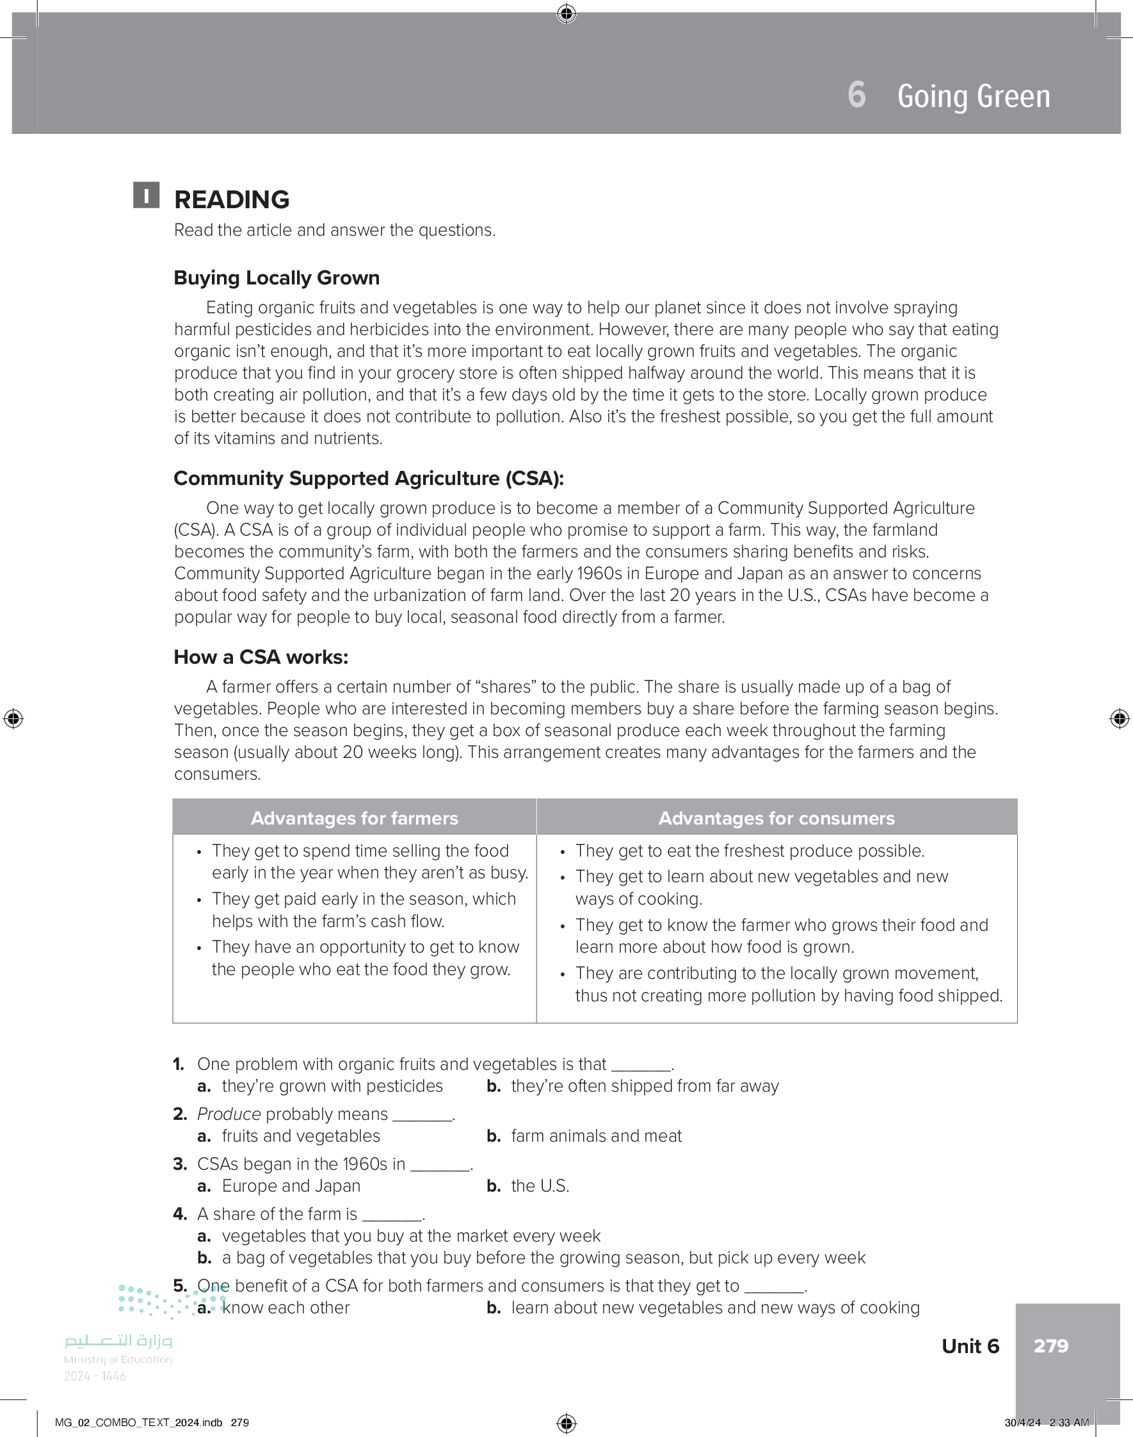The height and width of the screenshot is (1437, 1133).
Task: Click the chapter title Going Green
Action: tap(973, 96)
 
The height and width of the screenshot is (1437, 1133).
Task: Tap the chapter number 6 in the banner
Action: tap(856, 95)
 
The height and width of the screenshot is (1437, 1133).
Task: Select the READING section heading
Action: tap(232, 200)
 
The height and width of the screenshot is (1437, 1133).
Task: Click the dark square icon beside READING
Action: tap(146, 195)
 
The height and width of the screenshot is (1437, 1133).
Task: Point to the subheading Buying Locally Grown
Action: tap(277, 277)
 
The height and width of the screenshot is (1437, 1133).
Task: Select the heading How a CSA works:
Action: tap(261, 657)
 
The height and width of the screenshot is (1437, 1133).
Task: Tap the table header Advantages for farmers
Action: tap(354, 818)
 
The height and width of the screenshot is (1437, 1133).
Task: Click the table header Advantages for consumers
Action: tap(776, 818)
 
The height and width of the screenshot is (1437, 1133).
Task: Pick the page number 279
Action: tap(1050, 1345)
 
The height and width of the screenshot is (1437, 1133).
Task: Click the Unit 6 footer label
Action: tap(970, 1346)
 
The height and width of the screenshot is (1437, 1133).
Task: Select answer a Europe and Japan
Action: tap(291, 1186)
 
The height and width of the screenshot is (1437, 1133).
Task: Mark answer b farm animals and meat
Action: tap(596, 1137)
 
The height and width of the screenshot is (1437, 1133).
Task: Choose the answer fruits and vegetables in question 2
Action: tap(300, 1137)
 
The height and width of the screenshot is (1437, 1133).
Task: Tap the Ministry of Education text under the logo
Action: tap(118, 1359)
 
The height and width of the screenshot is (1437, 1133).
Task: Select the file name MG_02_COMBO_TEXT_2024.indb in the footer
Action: tap(139, 1422)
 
